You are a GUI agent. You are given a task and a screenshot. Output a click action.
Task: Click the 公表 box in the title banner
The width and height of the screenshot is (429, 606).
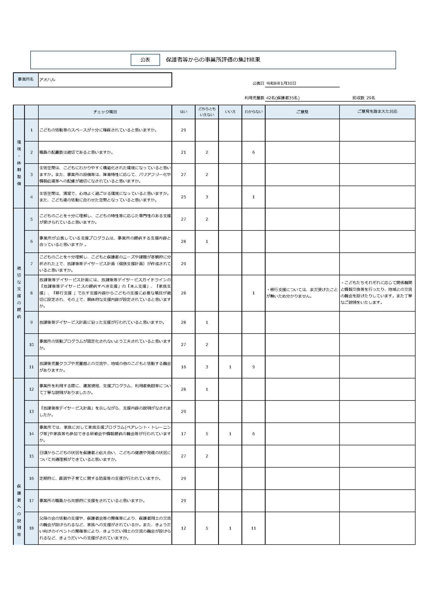[145, 60]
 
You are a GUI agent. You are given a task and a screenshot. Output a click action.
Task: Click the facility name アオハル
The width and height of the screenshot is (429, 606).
[47, 80]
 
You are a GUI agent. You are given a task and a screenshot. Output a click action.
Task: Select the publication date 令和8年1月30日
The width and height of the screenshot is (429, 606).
[281, 83]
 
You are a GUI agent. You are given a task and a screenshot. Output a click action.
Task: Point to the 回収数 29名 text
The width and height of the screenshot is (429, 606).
[363, 98]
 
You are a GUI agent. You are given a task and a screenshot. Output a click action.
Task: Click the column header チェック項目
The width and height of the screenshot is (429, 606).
[105, 112]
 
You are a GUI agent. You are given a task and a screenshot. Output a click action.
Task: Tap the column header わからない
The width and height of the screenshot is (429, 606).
[253, 112]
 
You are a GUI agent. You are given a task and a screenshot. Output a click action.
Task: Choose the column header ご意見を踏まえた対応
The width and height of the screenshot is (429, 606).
[377, 111]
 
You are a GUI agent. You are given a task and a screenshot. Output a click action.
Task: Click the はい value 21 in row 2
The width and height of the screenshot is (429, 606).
[183, 152]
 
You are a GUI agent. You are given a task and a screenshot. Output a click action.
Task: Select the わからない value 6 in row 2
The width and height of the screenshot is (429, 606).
[253, 152]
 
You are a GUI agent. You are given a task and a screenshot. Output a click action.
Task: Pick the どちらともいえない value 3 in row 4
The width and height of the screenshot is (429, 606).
[207, 197]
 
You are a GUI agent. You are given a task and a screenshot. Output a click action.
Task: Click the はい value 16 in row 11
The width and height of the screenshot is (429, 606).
[183, 367]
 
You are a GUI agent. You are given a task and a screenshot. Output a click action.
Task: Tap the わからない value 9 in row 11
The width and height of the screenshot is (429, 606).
[253, 367]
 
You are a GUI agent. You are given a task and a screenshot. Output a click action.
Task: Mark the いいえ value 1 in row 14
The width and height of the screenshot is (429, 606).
[230, 434]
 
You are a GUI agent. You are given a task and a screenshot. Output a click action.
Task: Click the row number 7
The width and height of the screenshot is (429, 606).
[31, 264]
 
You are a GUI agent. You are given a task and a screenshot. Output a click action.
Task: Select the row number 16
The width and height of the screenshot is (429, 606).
[31, 478]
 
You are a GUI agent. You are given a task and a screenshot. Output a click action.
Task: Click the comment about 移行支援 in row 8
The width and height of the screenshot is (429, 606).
[302, 293]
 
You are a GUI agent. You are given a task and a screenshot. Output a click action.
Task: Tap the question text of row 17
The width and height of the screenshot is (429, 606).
[92, 501]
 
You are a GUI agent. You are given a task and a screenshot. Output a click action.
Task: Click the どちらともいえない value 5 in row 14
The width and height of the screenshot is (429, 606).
[207, 434]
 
